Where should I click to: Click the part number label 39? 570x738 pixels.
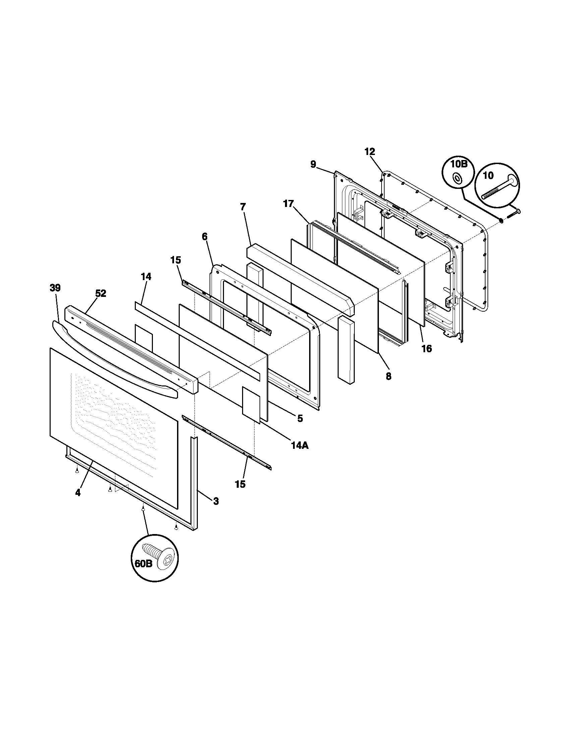(x=55, y=288)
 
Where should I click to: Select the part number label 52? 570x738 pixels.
(x=100, y=294)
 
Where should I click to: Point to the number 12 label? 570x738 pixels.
(x=370, y=152)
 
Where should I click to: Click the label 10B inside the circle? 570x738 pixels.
(x=459, y=165)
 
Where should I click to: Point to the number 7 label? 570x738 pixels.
(x=243, y=206)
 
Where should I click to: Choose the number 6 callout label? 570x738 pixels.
(x=205, y=236)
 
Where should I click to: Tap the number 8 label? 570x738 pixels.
(x=388, y=376)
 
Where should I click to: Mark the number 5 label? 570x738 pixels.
(x=300, y=418)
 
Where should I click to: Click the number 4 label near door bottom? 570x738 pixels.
(x=78, y=493)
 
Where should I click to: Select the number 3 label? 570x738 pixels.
(x=216, y=501)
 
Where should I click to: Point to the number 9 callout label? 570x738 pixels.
(x=313, y=164)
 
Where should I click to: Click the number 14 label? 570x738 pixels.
(x=146, y=276)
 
